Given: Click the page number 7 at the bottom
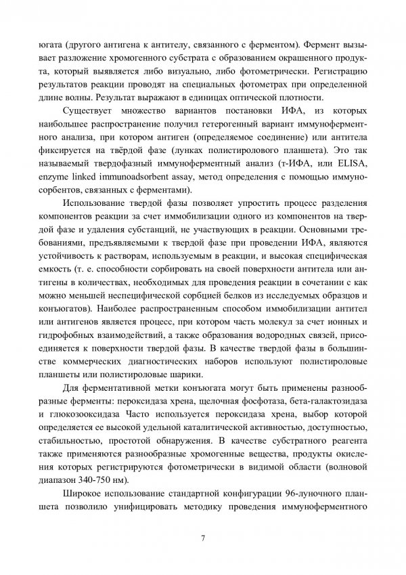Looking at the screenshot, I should click(x=203, y=538).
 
